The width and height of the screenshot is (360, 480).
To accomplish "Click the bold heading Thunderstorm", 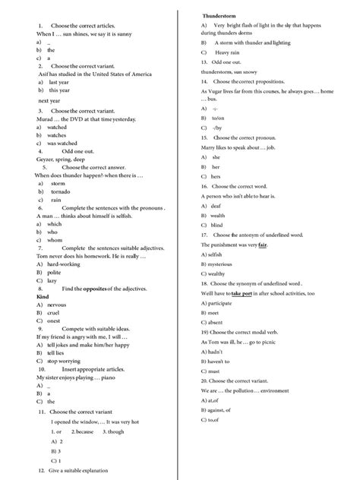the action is (x=219, y=16).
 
